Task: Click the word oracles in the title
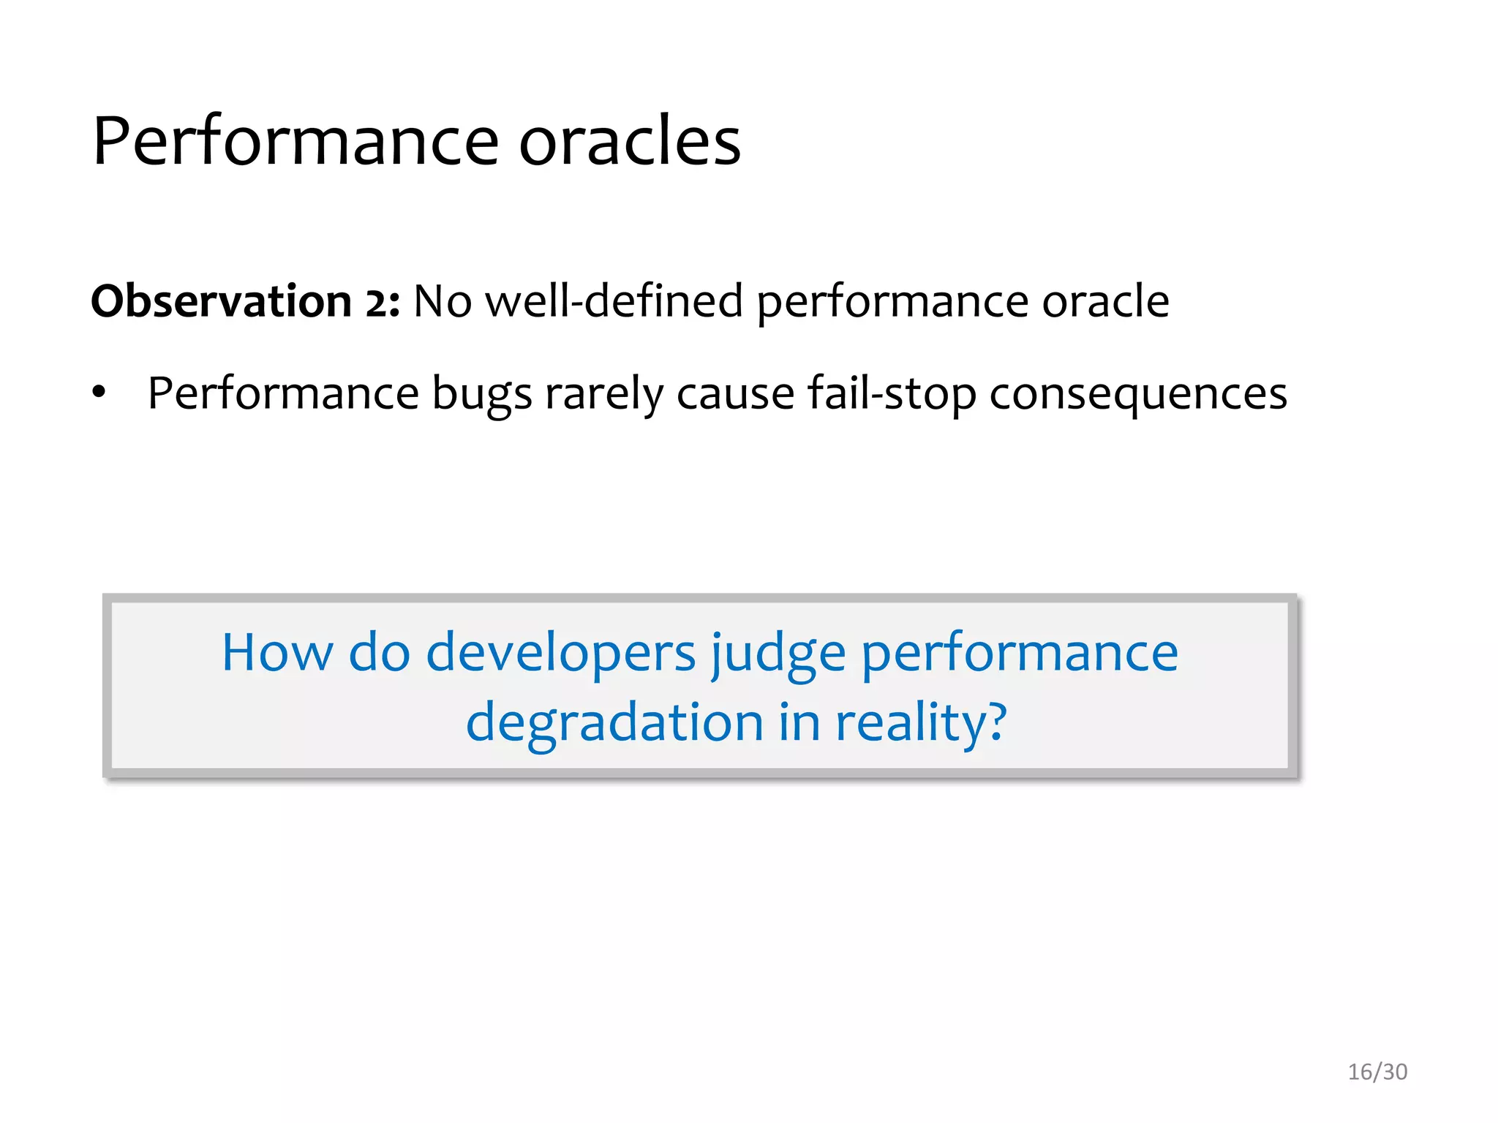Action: click(x=630, y=141)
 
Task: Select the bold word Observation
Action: click(x=222, y=300)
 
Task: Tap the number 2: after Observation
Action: click(x=383, y=302)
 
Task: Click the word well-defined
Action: click(x=614, y=300)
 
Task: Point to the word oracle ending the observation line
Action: click(x=1105, y=300)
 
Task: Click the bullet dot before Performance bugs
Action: click(x=99, y=393)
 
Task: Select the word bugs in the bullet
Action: click(x=482, y=395)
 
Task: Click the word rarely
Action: click(x=603, y=395)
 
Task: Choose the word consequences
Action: click(x=1137, y=395)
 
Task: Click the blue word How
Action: click(x=277, y=652)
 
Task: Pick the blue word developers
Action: click(x=560, y=654)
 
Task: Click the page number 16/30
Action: click(x=1377, y=1072)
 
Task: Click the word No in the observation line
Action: click(x=443, y=300)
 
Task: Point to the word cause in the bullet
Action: click(x=735, y=395)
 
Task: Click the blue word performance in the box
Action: click(x=1020, y=654)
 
